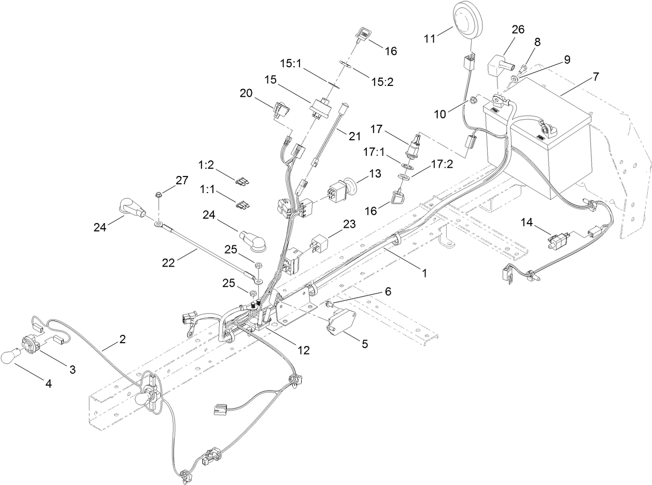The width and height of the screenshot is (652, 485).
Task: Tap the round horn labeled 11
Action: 468,21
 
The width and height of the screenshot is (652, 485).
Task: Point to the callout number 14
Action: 527,223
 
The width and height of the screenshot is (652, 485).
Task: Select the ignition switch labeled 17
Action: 415,147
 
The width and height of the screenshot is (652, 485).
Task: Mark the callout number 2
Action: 122,340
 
